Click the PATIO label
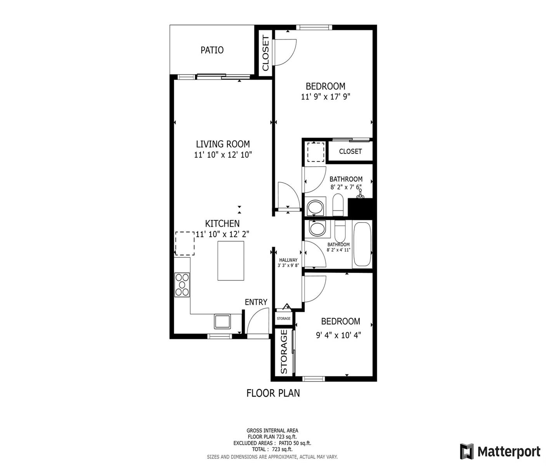[x=212, y=50]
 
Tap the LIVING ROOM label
[x=223, y=144]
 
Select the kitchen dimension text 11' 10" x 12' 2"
[x=222, y=234]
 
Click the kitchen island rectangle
[x=231, y=261]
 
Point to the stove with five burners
[x=182, y=284]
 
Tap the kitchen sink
[x=222, y=321]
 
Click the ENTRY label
[x=256, y=302]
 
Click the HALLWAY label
[x=288, y=260]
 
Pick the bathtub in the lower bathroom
[x=362, y=244]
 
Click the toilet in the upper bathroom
[x=338, y=205]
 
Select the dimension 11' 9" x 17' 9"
[x=326, y=97]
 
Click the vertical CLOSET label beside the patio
[x=265, y=53]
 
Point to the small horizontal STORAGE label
[x=283, y=318]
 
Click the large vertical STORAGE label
[x=283, y=351]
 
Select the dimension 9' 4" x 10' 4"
[x=338, y=336]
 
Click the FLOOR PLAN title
[x=273, y=393]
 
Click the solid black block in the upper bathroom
[x=360, y=208]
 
